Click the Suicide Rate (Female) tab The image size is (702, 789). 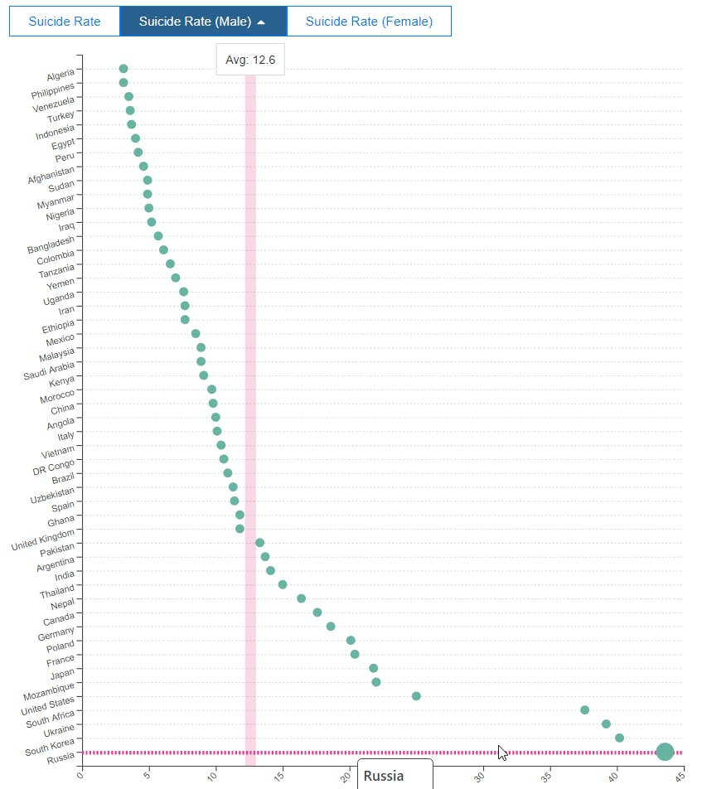tap(369, 22)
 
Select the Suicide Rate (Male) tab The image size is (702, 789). tap(203, 22)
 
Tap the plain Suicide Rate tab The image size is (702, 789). tap(65, 22)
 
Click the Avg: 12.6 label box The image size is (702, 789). tap(250, 60)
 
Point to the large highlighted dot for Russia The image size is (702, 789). tap(665, 752)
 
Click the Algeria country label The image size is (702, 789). tap(61, 75)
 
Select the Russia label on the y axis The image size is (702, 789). tap(61, 756)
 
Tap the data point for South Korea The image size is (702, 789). tap(619, 738)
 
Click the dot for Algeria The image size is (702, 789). tap(123, 69)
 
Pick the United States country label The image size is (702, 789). tap(47, 707)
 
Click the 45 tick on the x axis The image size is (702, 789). tap(680, 777)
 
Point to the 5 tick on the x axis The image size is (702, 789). tap(147, 777)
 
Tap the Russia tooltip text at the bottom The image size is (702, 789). tap(384, 777)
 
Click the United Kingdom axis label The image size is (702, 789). tap(43, 540)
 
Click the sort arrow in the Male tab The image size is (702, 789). tap(262, 22)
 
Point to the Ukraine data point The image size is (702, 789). tap(606, 724)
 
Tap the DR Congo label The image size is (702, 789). tap(54, 467)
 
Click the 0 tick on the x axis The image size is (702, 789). tap(80, 777)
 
